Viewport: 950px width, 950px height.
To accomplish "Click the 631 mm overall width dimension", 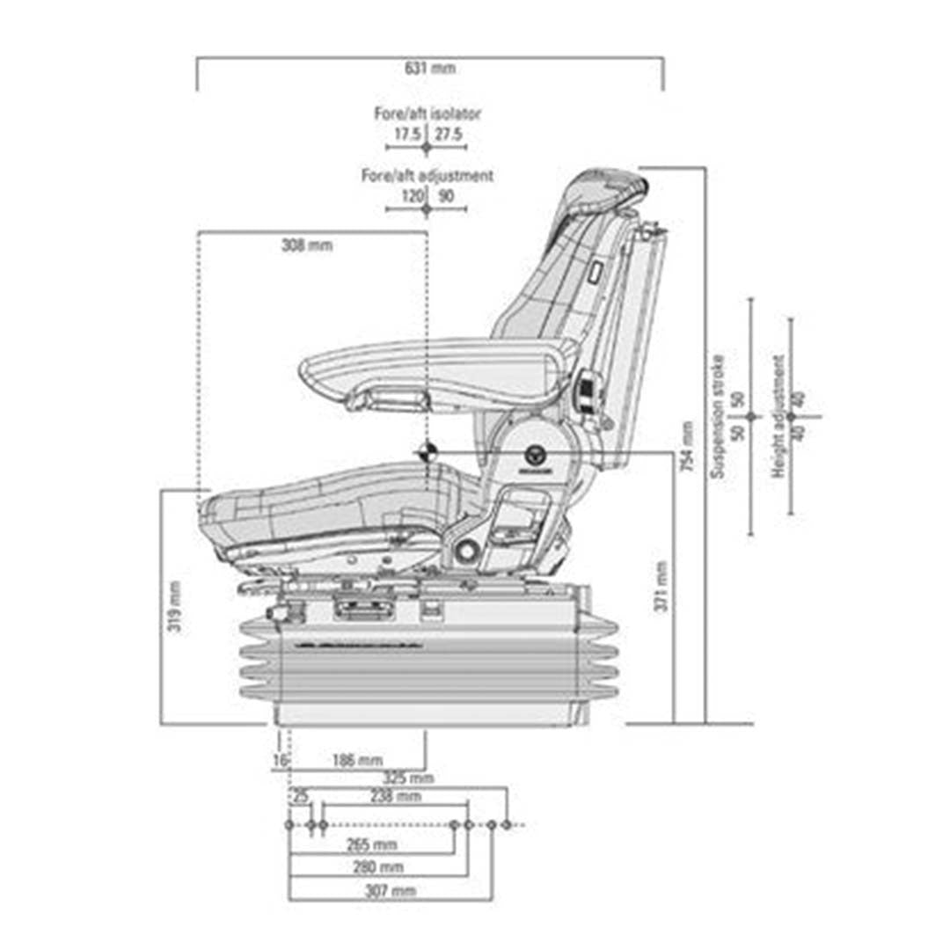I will [x=430, y=68].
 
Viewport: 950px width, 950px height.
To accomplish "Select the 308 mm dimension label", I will [x=307, y=245].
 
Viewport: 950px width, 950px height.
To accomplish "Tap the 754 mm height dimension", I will [x=687, y=446].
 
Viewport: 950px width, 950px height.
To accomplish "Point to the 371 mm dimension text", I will [x=661, y=586].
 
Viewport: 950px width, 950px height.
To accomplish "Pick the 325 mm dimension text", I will [x=408, y=778].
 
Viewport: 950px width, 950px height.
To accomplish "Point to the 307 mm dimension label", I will [x=390, y=890].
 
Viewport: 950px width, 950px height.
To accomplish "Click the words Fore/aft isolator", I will [x=427, y=113].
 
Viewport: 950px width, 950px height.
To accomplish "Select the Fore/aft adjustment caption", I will [x=427, y=176].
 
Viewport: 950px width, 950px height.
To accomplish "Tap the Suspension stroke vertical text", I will [x=718, y=416].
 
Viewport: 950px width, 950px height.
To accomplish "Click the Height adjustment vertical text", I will [x=778, y=416].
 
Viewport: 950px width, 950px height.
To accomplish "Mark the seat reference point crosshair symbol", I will [x=427, y=452].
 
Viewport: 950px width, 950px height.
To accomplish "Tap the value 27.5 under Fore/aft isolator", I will [x=449, y=134].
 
